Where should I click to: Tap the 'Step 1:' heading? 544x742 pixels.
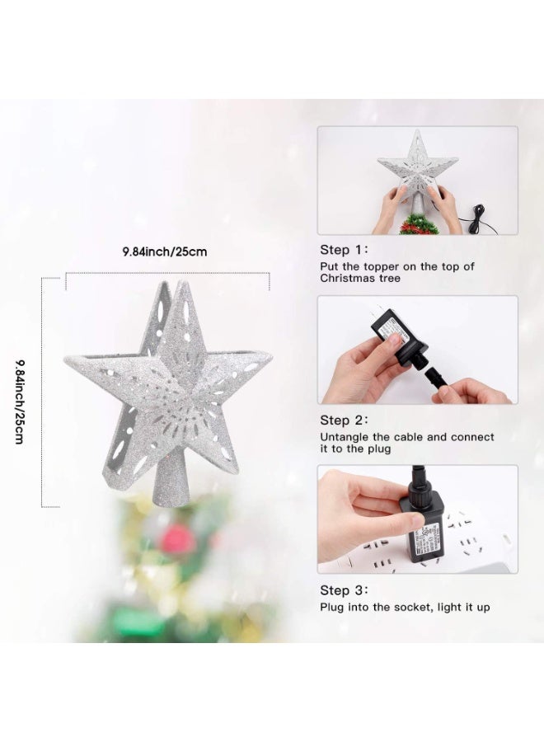[x=345, y=249]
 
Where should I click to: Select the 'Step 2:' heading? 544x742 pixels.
[x=345, y=420]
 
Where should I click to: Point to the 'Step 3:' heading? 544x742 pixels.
[x=345, y=590]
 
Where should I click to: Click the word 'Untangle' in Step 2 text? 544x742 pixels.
[x=345, y=437]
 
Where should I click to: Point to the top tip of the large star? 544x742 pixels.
[x=180, y=284]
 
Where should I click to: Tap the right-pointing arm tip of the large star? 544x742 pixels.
[x=267, y=356]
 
